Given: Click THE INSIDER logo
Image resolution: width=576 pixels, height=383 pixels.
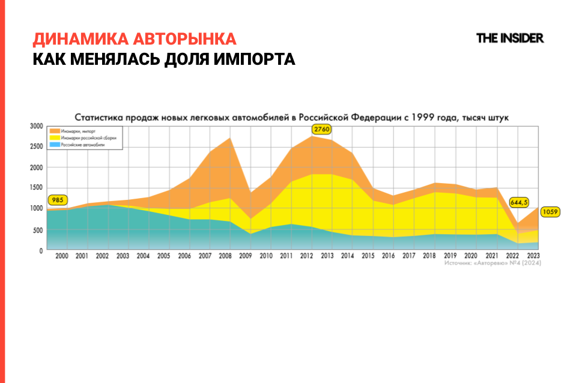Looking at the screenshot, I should click(x=509, y=38).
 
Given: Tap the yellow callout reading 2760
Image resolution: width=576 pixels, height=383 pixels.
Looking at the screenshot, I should click(x=321, y=129).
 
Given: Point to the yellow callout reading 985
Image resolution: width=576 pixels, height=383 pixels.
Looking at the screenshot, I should click(x=57, y=201).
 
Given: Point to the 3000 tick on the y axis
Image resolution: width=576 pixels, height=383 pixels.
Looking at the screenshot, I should click(x=37, y=127).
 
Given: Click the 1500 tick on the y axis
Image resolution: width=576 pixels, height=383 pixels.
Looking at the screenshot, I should click(x=37, y=188).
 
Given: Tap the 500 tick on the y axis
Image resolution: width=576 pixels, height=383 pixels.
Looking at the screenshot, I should click(x=38, y=230).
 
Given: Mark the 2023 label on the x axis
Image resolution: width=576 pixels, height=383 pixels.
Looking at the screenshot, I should click(x=531, y=256).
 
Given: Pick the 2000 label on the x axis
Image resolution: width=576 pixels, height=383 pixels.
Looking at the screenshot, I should click(x=61, y=256).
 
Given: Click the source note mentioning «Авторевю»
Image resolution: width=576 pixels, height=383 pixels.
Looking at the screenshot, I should click(x=492, y=264).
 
